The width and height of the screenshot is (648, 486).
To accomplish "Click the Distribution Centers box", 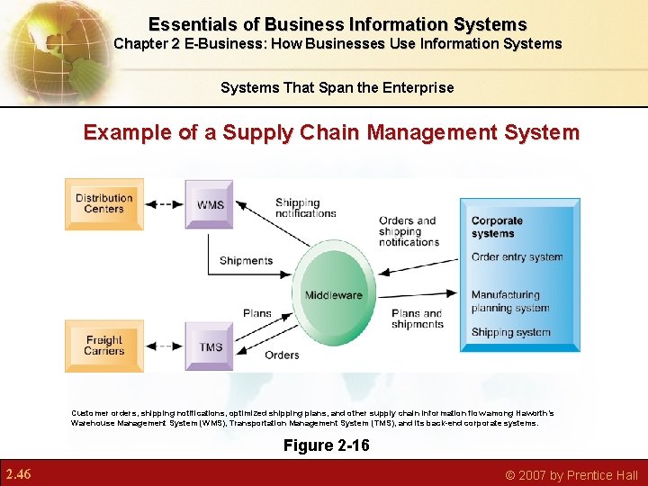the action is (x=103, y=204).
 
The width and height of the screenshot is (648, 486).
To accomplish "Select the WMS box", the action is (x=210, y=204).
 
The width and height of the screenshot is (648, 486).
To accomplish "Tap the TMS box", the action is (x=210, y=346).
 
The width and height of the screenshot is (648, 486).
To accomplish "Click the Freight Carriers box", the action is (x=103, y=346).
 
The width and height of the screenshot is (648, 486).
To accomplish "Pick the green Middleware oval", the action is (x=334, y=294).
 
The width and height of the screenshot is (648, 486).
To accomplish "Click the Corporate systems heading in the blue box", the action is (x=497, y=227).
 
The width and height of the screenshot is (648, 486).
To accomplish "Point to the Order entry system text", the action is (x=517, y=256).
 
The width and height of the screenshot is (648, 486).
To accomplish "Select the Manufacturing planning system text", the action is (x=509, y=301).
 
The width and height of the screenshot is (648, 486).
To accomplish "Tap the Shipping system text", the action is (x=510, y=332).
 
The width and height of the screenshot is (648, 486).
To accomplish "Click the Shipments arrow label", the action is (x=246, y=261).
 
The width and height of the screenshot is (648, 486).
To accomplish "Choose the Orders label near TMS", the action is (x=282, y=355).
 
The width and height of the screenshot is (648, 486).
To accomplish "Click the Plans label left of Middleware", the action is (x=257, y=313).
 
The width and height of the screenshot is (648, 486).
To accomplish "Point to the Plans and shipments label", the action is (x=418, y=319).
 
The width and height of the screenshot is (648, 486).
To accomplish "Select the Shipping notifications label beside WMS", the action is (x=305, y=208).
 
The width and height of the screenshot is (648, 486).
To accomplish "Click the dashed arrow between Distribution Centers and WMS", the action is (x=164, y=204).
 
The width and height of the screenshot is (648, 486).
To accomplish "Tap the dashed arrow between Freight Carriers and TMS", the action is (x=164, y=346).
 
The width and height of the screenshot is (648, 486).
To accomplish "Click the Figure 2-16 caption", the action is (x=326, y=445).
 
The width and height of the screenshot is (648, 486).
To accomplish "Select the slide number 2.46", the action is (x=19, y=473).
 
